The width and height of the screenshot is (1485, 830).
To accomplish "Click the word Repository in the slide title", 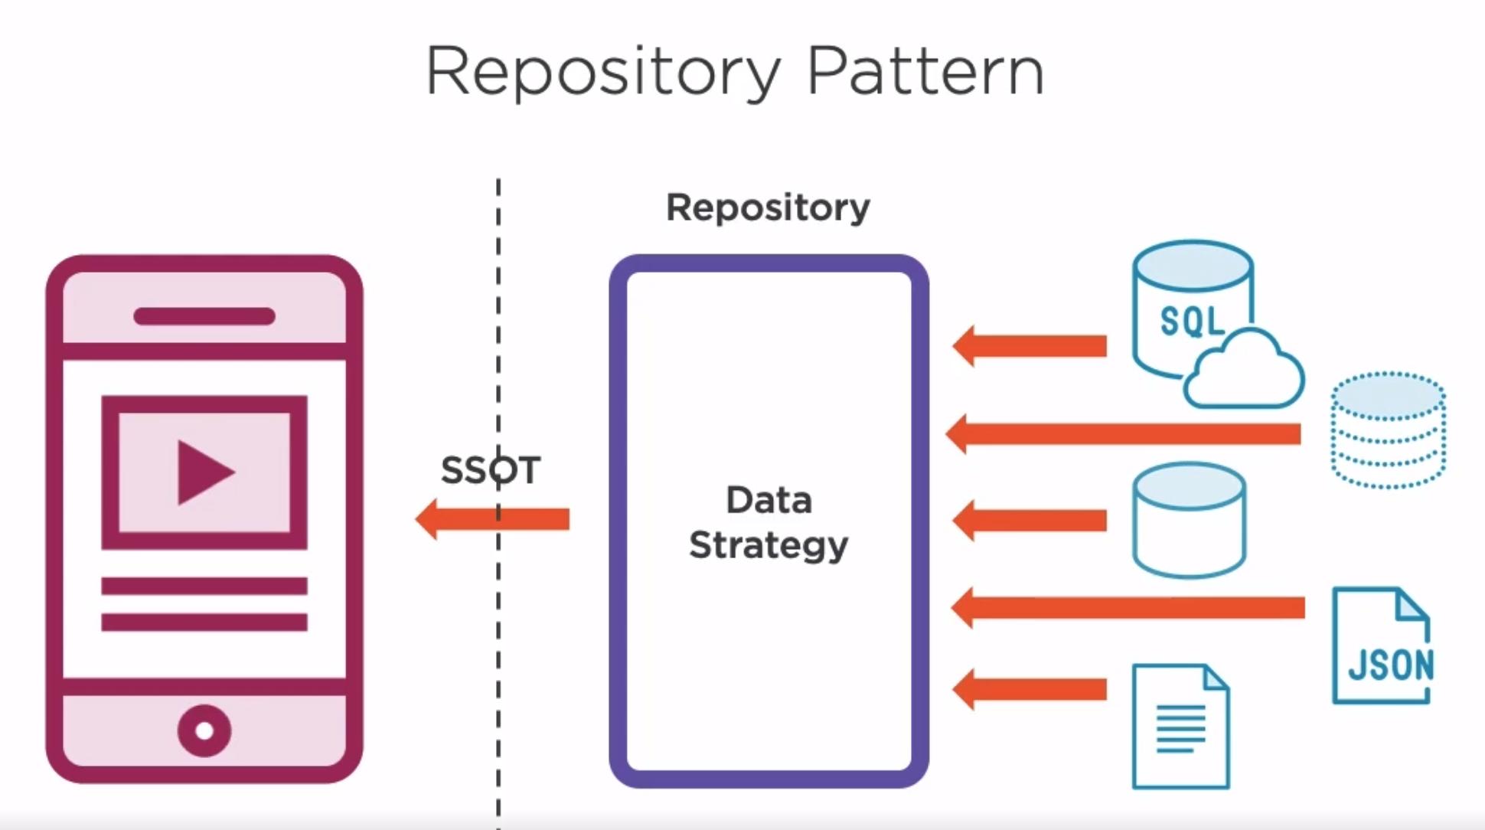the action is click(603, 74).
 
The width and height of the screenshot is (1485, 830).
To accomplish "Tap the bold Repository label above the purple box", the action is click(768, 208).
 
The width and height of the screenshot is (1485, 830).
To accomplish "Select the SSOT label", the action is click(491, 469).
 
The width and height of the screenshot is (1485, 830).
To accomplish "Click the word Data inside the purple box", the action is click(769, 500).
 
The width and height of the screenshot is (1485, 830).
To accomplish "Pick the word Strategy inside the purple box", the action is click(769, 546).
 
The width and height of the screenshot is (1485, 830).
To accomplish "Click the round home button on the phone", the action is click(204, 730).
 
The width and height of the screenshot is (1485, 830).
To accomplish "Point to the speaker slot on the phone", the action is click(204, 316).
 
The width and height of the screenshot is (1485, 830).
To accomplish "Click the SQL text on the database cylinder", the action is click(1191, 321).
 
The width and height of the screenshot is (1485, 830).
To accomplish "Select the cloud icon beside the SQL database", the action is click(1243, 369).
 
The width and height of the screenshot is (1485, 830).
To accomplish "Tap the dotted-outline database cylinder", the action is click(1388, 430).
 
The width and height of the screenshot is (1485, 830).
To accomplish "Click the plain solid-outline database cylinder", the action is click(1189, 520).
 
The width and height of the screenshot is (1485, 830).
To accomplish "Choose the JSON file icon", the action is click(1382, 645).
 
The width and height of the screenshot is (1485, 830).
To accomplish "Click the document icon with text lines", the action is click(1180, 726).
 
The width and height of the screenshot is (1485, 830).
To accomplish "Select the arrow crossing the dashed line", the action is click(492, 519).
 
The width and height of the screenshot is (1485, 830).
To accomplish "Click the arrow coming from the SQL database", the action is click(1030, 346).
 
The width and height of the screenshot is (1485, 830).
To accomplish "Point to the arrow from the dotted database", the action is click(1123, 434).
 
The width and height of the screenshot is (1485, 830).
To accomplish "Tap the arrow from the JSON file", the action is click(1128, 608).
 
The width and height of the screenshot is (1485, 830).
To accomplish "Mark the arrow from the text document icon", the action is click(1030, 689).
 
